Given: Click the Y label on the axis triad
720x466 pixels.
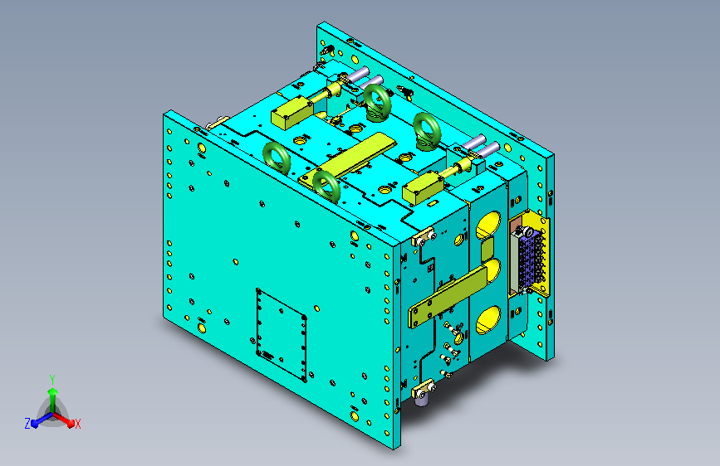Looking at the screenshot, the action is (x=52, y=380).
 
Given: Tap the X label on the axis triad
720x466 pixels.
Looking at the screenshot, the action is (x=77, y=425).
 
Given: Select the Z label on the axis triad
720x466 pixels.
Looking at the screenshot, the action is (x=27, y=424).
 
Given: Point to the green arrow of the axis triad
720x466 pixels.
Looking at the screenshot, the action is (x=53, y=400).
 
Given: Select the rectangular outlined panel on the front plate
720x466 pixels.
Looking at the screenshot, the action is (x=282, y=335).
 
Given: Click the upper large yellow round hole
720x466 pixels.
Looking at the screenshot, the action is (x=489, y=225).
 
